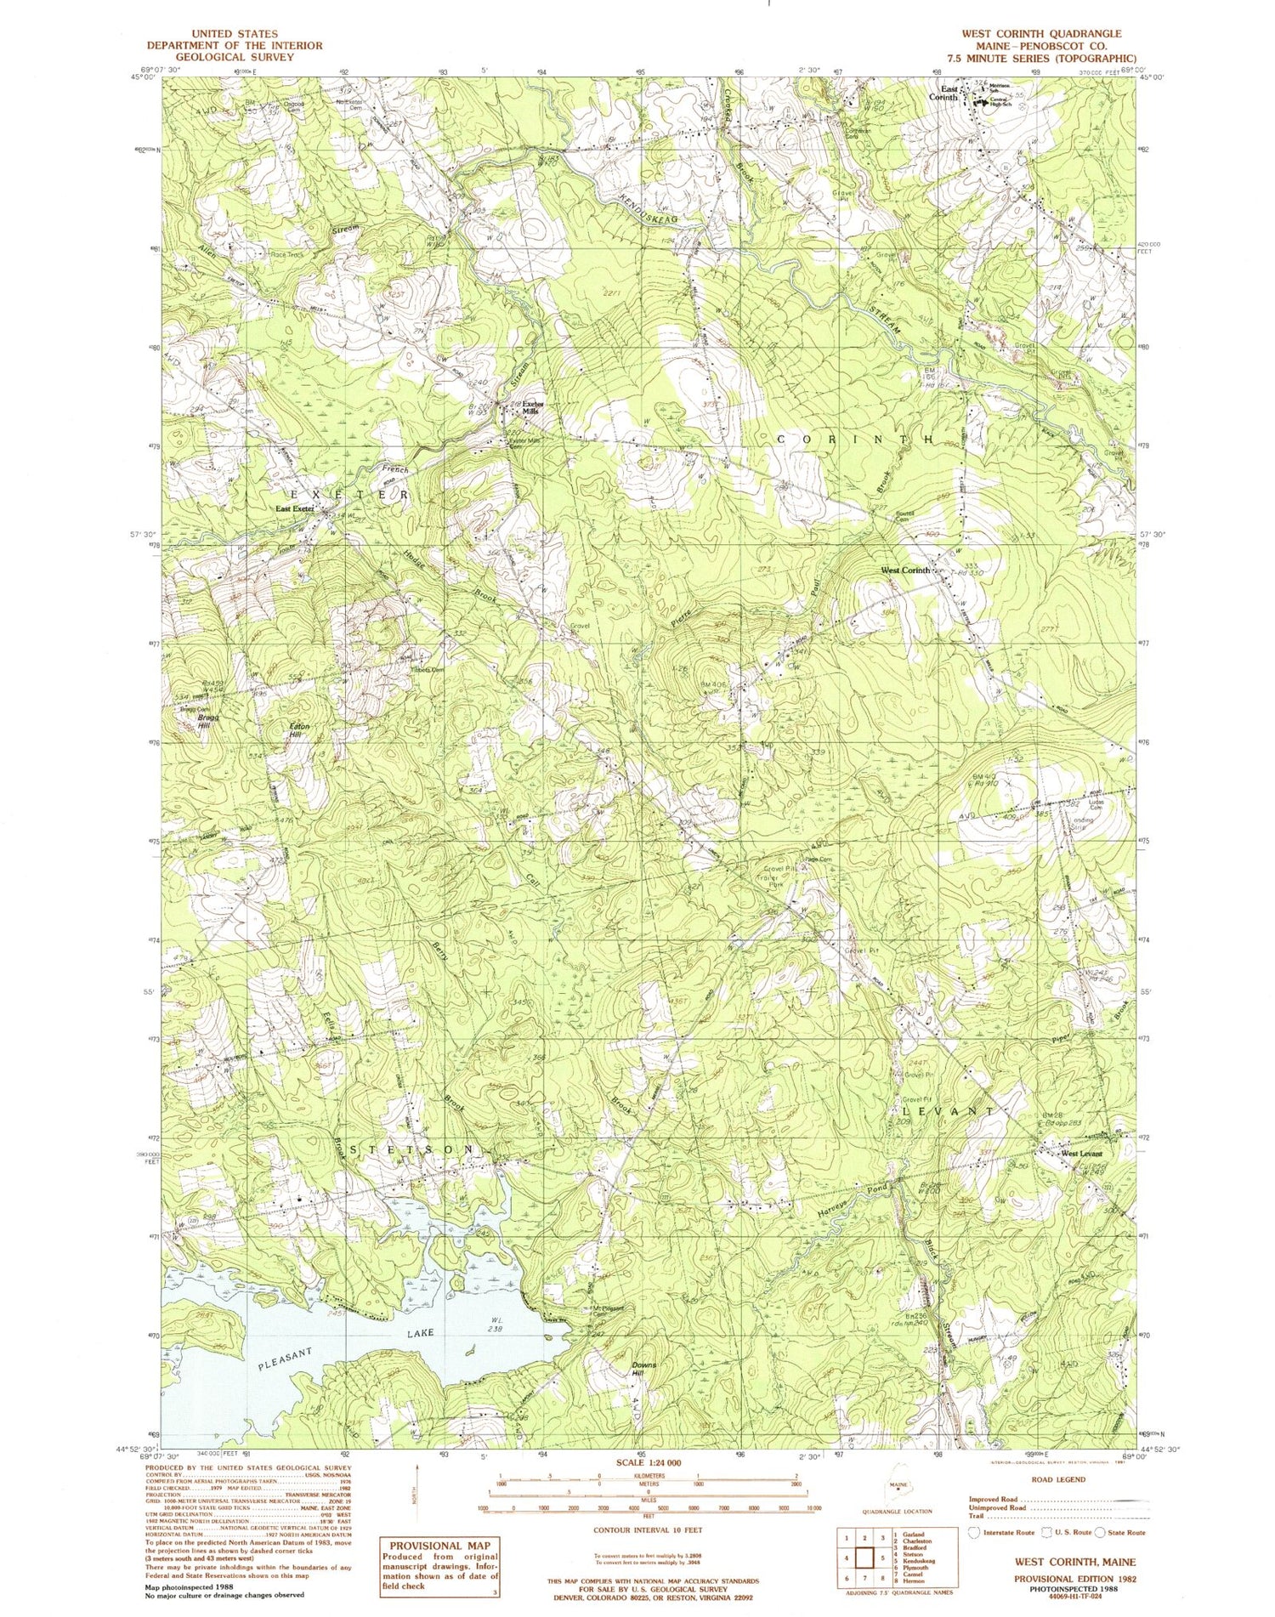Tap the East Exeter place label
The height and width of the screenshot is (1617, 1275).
click(295, 508)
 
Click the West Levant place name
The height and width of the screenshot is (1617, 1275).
click(1079, 1153)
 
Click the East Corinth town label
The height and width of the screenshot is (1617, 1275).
click(949, 94)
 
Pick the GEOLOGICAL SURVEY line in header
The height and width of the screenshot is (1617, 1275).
click(234, 57)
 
